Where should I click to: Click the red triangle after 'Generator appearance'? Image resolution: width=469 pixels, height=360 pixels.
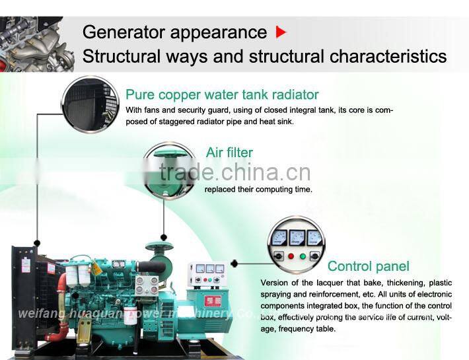click(281, 32)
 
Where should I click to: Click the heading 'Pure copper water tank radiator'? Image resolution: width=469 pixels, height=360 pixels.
click(222, 94)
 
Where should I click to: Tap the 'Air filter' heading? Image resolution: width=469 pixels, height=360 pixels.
click(229, 153)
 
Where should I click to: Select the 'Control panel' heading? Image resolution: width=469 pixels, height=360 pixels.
click(368, 266)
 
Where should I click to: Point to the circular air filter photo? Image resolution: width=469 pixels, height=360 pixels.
click(168, 170)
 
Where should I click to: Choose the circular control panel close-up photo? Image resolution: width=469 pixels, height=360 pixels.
click(296, 244)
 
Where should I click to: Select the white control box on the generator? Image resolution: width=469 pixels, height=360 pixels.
click(207, 275)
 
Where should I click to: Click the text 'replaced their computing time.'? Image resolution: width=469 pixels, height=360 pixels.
click(258, 190)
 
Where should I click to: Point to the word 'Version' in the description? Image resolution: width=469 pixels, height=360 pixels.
click(275, 283)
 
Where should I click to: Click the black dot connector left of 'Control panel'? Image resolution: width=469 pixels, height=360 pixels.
click(234, 264)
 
